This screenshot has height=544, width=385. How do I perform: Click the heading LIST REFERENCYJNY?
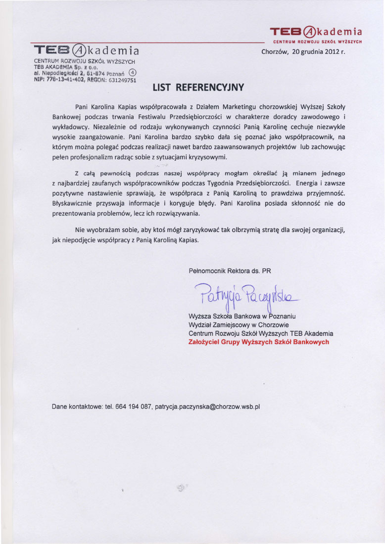[x=192, y=88]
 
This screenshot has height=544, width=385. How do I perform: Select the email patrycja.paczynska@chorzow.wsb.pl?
[x=207, y=407]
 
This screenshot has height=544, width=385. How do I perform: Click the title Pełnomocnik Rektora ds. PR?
[x=230, y=271]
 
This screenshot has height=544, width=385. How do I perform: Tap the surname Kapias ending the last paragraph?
[x=188, y=240]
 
